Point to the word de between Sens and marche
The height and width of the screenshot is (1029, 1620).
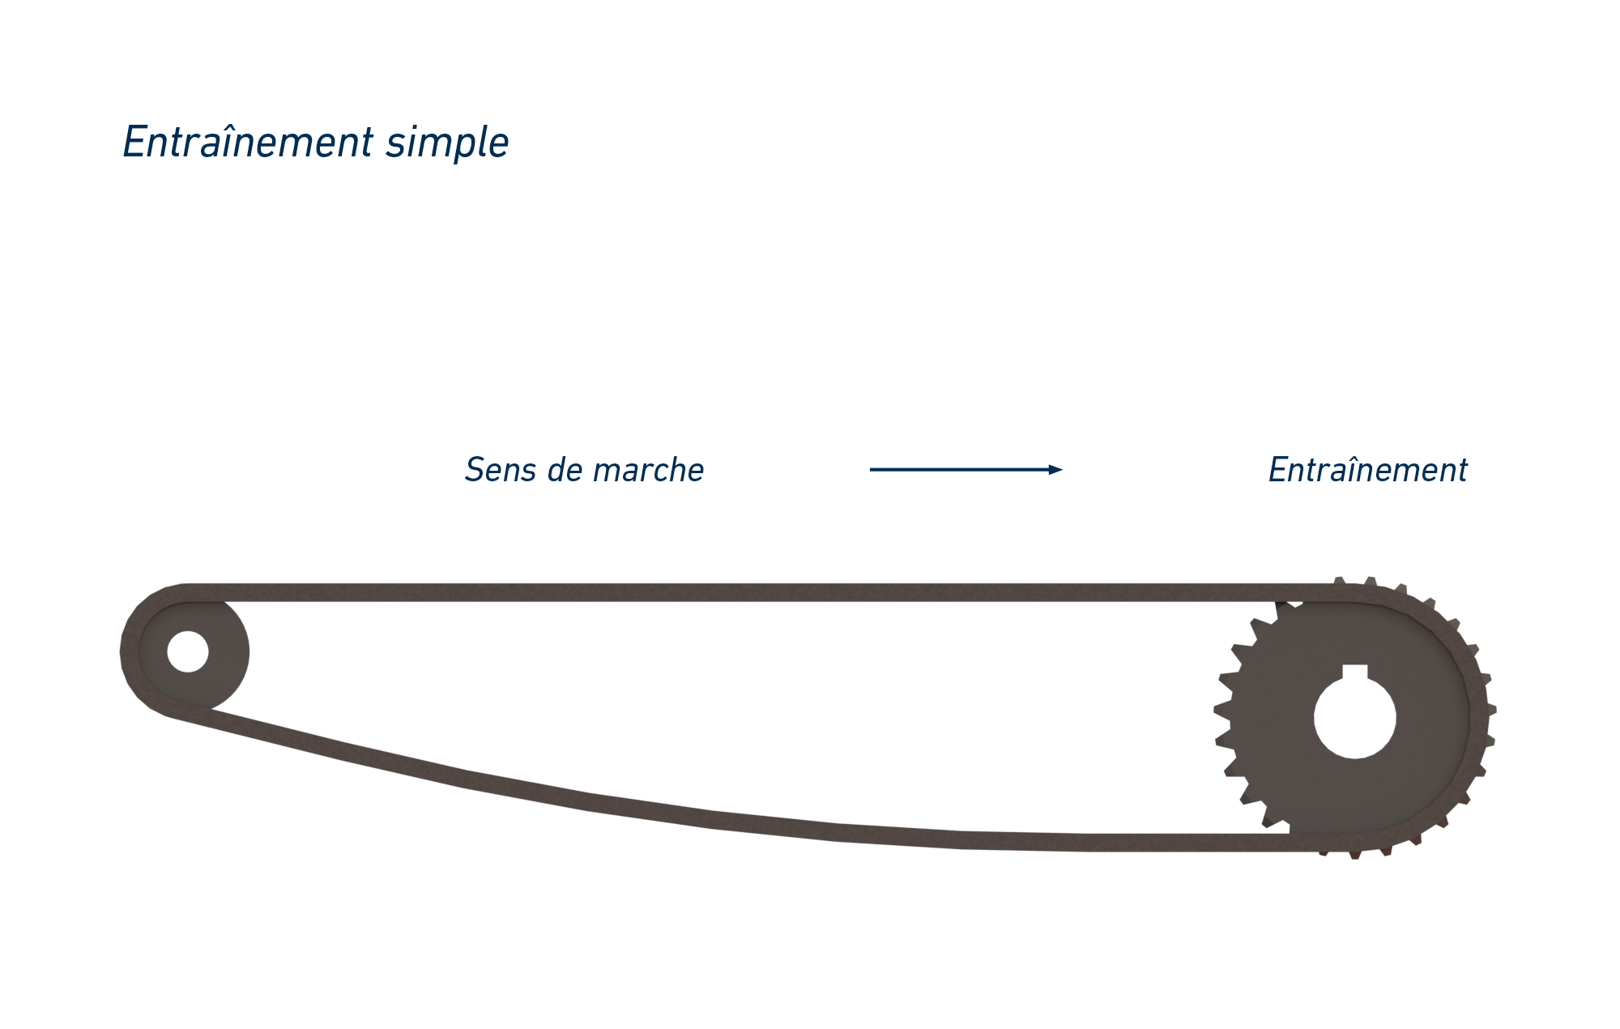pos(565,470)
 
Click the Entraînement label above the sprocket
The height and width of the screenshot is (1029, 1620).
pos(1367,470)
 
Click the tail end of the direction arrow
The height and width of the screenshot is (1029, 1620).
pos(873,469)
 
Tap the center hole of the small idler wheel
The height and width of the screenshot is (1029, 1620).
pos(188,651)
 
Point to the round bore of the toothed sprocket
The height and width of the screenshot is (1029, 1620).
pos(1354,719)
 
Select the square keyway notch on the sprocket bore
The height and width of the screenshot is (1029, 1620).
pos(1354,672)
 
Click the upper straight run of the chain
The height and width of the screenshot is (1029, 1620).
pos(729,592)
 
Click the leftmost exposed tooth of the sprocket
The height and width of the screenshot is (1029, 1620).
pos(1221,711)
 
